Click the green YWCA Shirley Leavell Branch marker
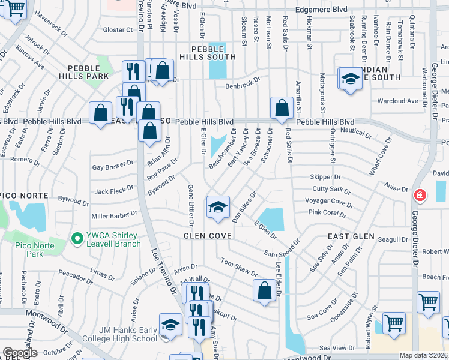76,239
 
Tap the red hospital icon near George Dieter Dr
420,195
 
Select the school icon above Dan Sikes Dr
218,208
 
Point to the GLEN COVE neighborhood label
207,236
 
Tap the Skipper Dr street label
325,177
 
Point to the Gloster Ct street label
118,29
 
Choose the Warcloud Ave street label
397,101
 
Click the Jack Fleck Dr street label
114,191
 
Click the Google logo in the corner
20,353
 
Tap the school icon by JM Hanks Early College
170,325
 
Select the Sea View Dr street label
333,348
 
